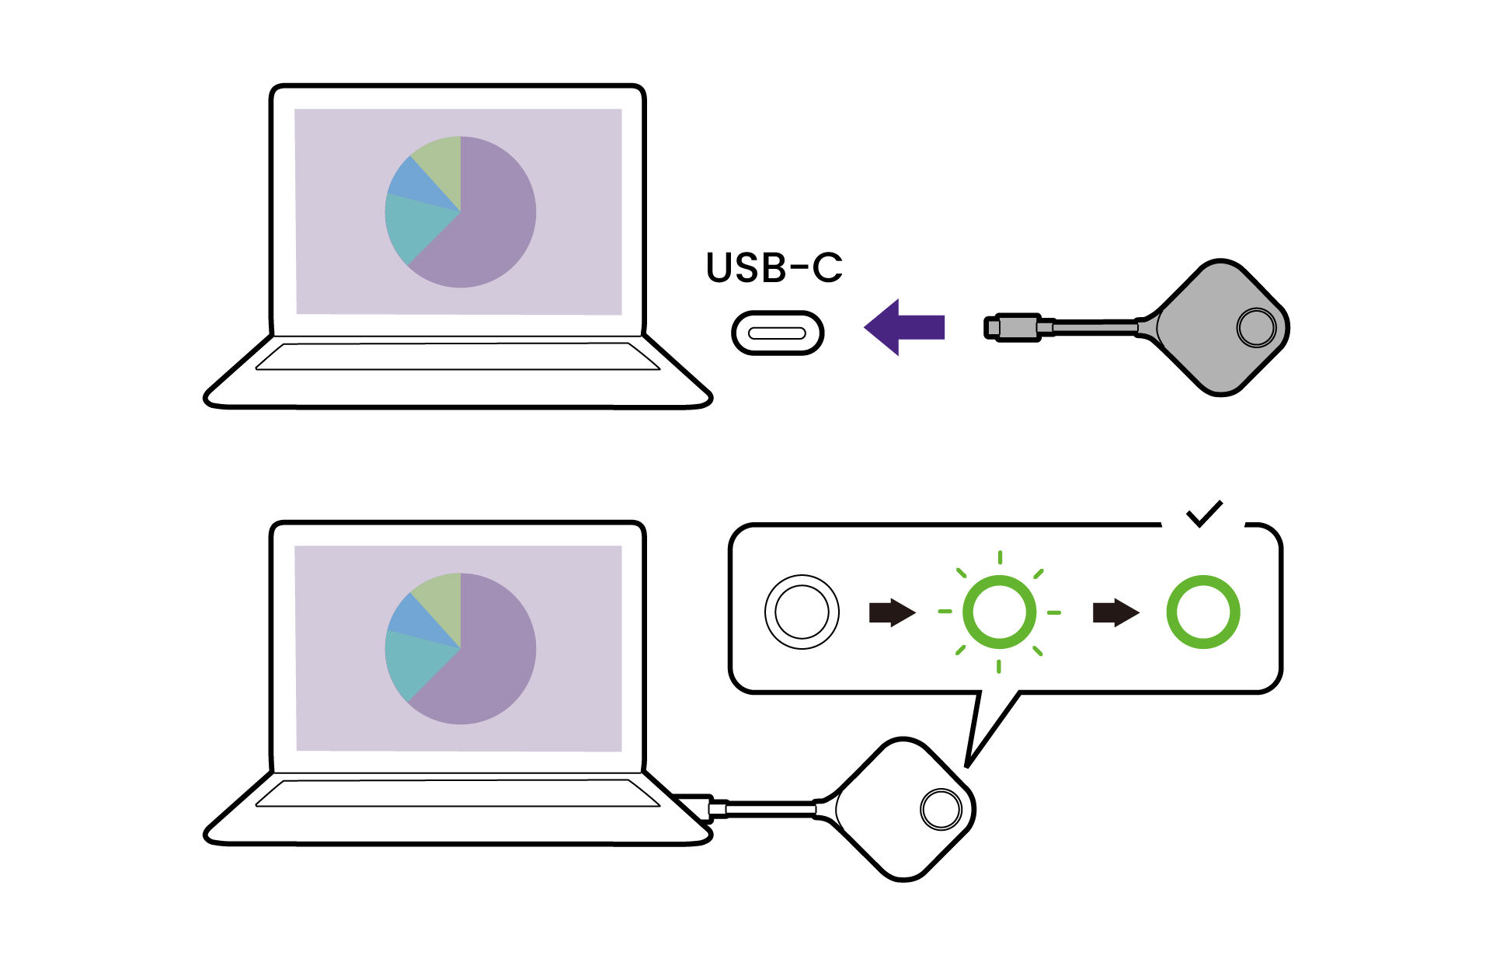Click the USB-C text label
(x=774, y=267)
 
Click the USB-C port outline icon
(x=777, y=333)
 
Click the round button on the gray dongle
(x=1255, y=327)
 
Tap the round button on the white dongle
(x=941, y=809)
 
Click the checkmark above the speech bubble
(x=1204, y=513)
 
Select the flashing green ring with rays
(x=999, y=612)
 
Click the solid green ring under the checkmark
(x=1202, y=612)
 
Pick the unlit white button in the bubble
(x=802, y=612)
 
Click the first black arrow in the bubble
(x=892, y=612)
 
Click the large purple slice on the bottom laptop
(x=489, y=661)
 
